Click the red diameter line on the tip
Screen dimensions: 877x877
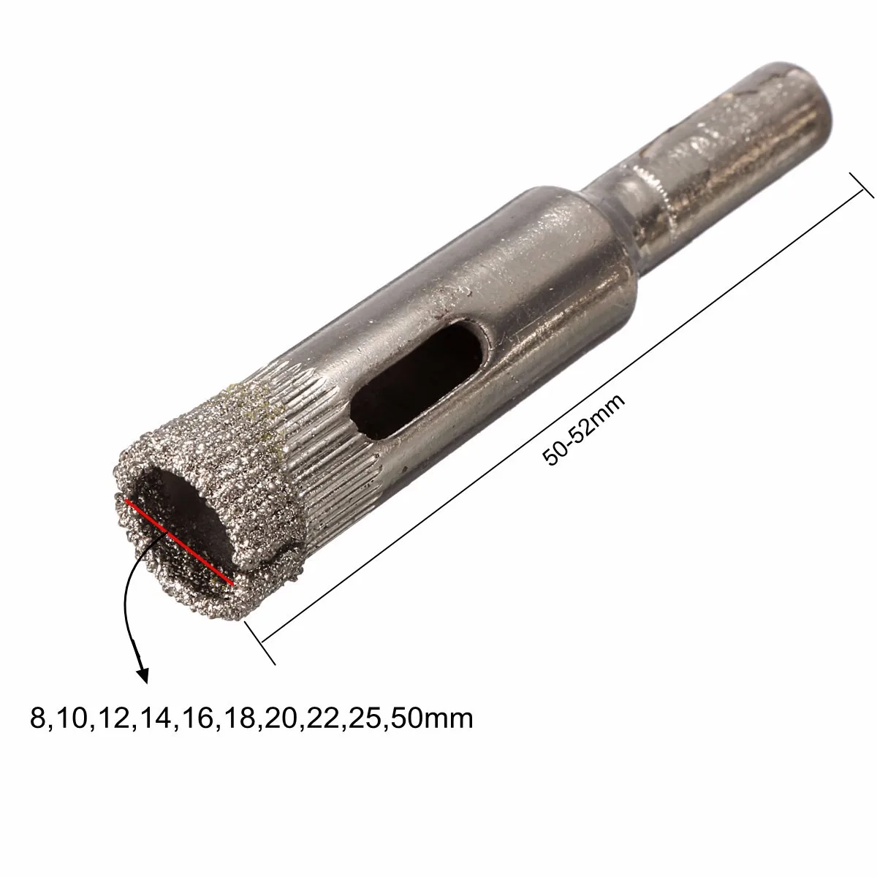[179, 542]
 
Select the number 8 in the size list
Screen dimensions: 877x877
[37, 719]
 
